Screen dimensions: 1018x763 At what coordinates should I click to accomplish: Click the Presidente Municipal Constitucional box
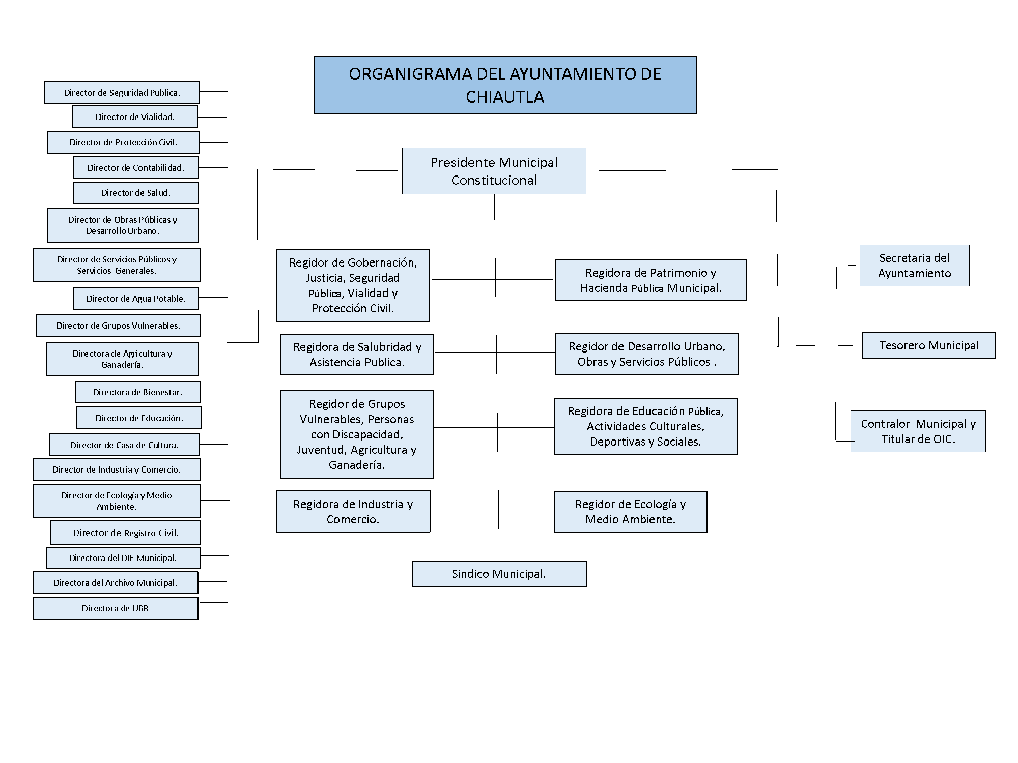(494, 171)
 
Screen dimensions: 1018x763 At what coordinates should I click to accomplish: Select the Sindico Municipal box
(499, 574)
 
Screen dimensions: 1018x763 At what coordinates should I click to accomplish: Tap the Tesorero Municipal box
(929, 345)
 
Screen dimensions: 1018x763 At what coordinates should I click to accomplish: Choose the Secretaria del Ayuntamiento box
(914, 266)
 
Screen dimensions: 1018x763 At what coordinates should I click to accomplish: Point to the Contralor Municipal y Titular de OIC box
(918, 431)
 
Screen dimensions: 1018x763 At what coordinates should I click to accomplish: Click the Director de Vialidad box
(135, 116)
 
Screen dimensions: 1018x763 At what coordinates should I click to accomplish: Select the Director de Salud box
(135, 193)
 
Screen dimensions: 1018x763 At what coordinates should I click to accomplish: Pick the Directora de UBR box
(116, 608)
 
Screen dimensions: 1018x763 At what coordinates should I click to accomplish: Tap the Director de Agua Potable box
(136, 298)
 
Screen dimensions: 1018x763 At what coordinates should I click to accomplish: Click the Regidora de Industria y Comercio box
(353, 511)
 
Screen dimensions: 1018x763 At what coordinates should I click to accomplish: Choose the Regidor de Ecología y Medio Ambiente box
(630, 512)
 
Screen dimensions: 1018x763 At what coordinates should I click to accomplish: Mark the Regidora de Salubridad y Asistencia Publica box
(357, 355)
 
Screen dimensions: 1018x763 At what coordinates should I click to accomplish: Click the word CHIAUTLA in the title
(505, 97)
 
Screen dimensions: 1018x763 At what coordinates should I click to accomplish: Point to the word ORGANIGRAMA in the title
(411, 74)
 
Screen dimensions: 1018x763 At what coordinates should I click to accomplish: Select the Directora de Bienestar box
(137, 392)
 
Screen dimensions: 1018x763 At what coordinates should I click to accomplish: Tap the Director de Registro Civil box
(126, 533)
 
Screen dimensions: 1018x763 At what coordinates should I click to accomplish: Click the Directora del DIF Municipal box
(123, 557)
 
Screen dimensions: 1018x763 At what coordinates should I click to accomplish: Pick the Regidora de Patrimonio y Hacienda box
(651, 280)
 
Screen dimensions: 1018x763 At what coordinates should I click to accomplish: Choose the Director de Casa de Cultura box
(124, 445)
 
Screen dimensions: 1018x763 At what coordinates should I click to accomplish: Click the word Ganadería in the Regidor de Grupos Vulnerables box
(357, 465)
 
